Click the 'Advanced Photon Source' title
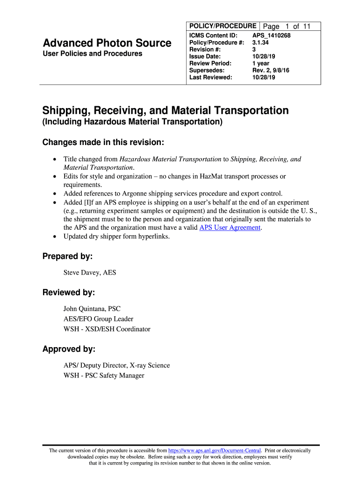pyautogui.click(x=107, y=43)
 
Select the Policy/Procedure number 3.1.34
pyautogui.click(x=260, y=43)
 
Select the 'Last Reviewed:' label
pyautogui.click(x=210, y=78)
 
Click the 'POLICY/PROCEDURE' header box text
pyautogui.click(x=222, y=26)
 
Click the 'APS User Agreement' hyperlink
pyautogui.click(x=230, y=228)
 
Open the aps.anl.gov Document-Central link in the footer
pyautogui.click(x=215, y=450)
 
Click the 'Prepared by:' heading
pyautogui.click(x=67, y=256)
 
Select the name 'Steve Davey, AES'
pyautogui.click(x=90, y=273)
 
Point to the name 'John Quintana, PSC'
pyautogui.click(x=92, y=309)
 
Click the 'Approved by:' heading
pyautogui.click(x=69, y=349)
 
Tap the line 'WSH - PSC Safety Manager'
pyautogui.click(x=104, y=376)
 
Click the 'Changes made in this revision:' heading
pyautogui.click(x=103, y=142)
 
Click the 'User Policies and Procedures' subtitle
pyautogui.click(x=93, y=54)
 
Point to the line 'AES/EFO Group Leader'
pyautogui.click(x=98, y=319)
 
